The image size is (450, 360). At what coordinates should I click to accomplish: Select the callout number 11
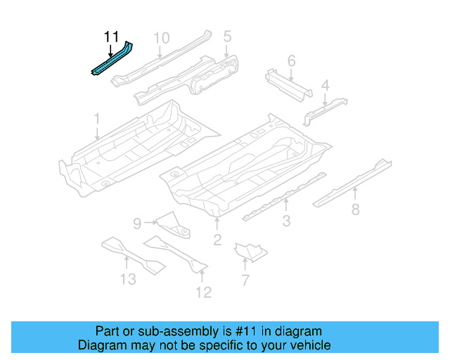(111, 37)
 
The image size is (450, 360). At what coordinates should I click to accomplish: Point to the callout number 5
(227, 37)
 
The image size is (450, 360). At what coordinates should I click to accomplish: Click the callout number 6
(291, 61)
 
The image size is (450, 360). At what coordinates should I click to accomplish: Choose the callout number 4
(325, 86)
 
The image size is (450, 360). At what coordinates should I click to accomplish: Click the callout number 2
(217, 241)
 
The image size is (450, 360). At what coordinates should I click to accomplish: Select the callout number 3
(287, 223)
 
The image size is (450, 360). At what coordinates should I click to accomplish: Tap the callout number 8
(356, 209)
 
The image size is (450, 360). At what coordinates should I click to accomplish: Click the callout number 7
(245, 281)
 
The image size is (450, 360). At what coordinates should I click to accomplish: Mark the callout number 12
(203, 292)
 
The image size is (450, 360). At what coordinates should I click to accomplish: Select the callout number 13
(127, 280)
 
